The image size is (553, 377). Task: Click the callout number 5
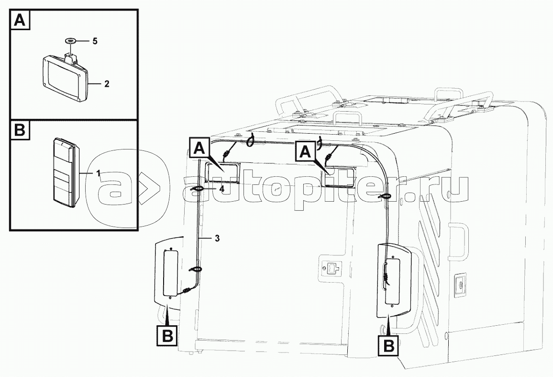tap(95, 41)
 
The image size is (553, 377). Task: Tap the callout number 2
tap(107, 84)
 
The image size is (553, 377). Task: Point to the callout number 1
tap(99, 173)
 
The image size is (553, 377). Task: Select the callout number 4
tap(221, 189)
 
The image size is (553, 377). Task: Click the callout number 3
tap(217, 239)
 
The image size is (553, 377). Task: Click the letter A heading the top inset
tap(20, 20)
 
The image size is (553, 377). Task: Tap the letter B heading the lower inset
tap(20, 130)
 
